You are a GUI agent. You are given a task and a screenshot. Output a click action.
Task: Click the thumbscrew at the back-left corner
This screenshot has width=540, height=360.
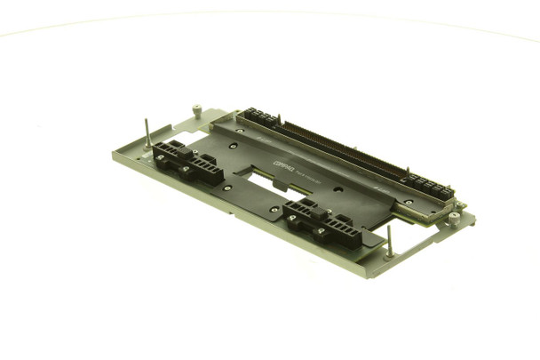click(x=196, y=110)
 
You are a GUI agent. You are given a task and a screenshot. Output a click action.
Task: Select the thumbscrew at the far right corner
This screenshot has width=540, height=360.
click(x=454, y=216)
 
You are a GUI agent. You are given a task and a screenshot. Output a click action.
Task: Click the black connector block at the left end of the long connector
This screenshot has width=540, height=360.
click(x=259, y=117)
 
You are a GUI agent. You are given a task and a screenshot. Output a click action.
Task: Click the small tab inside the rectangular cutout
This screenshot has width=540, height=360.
click(x=277, y=186)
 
